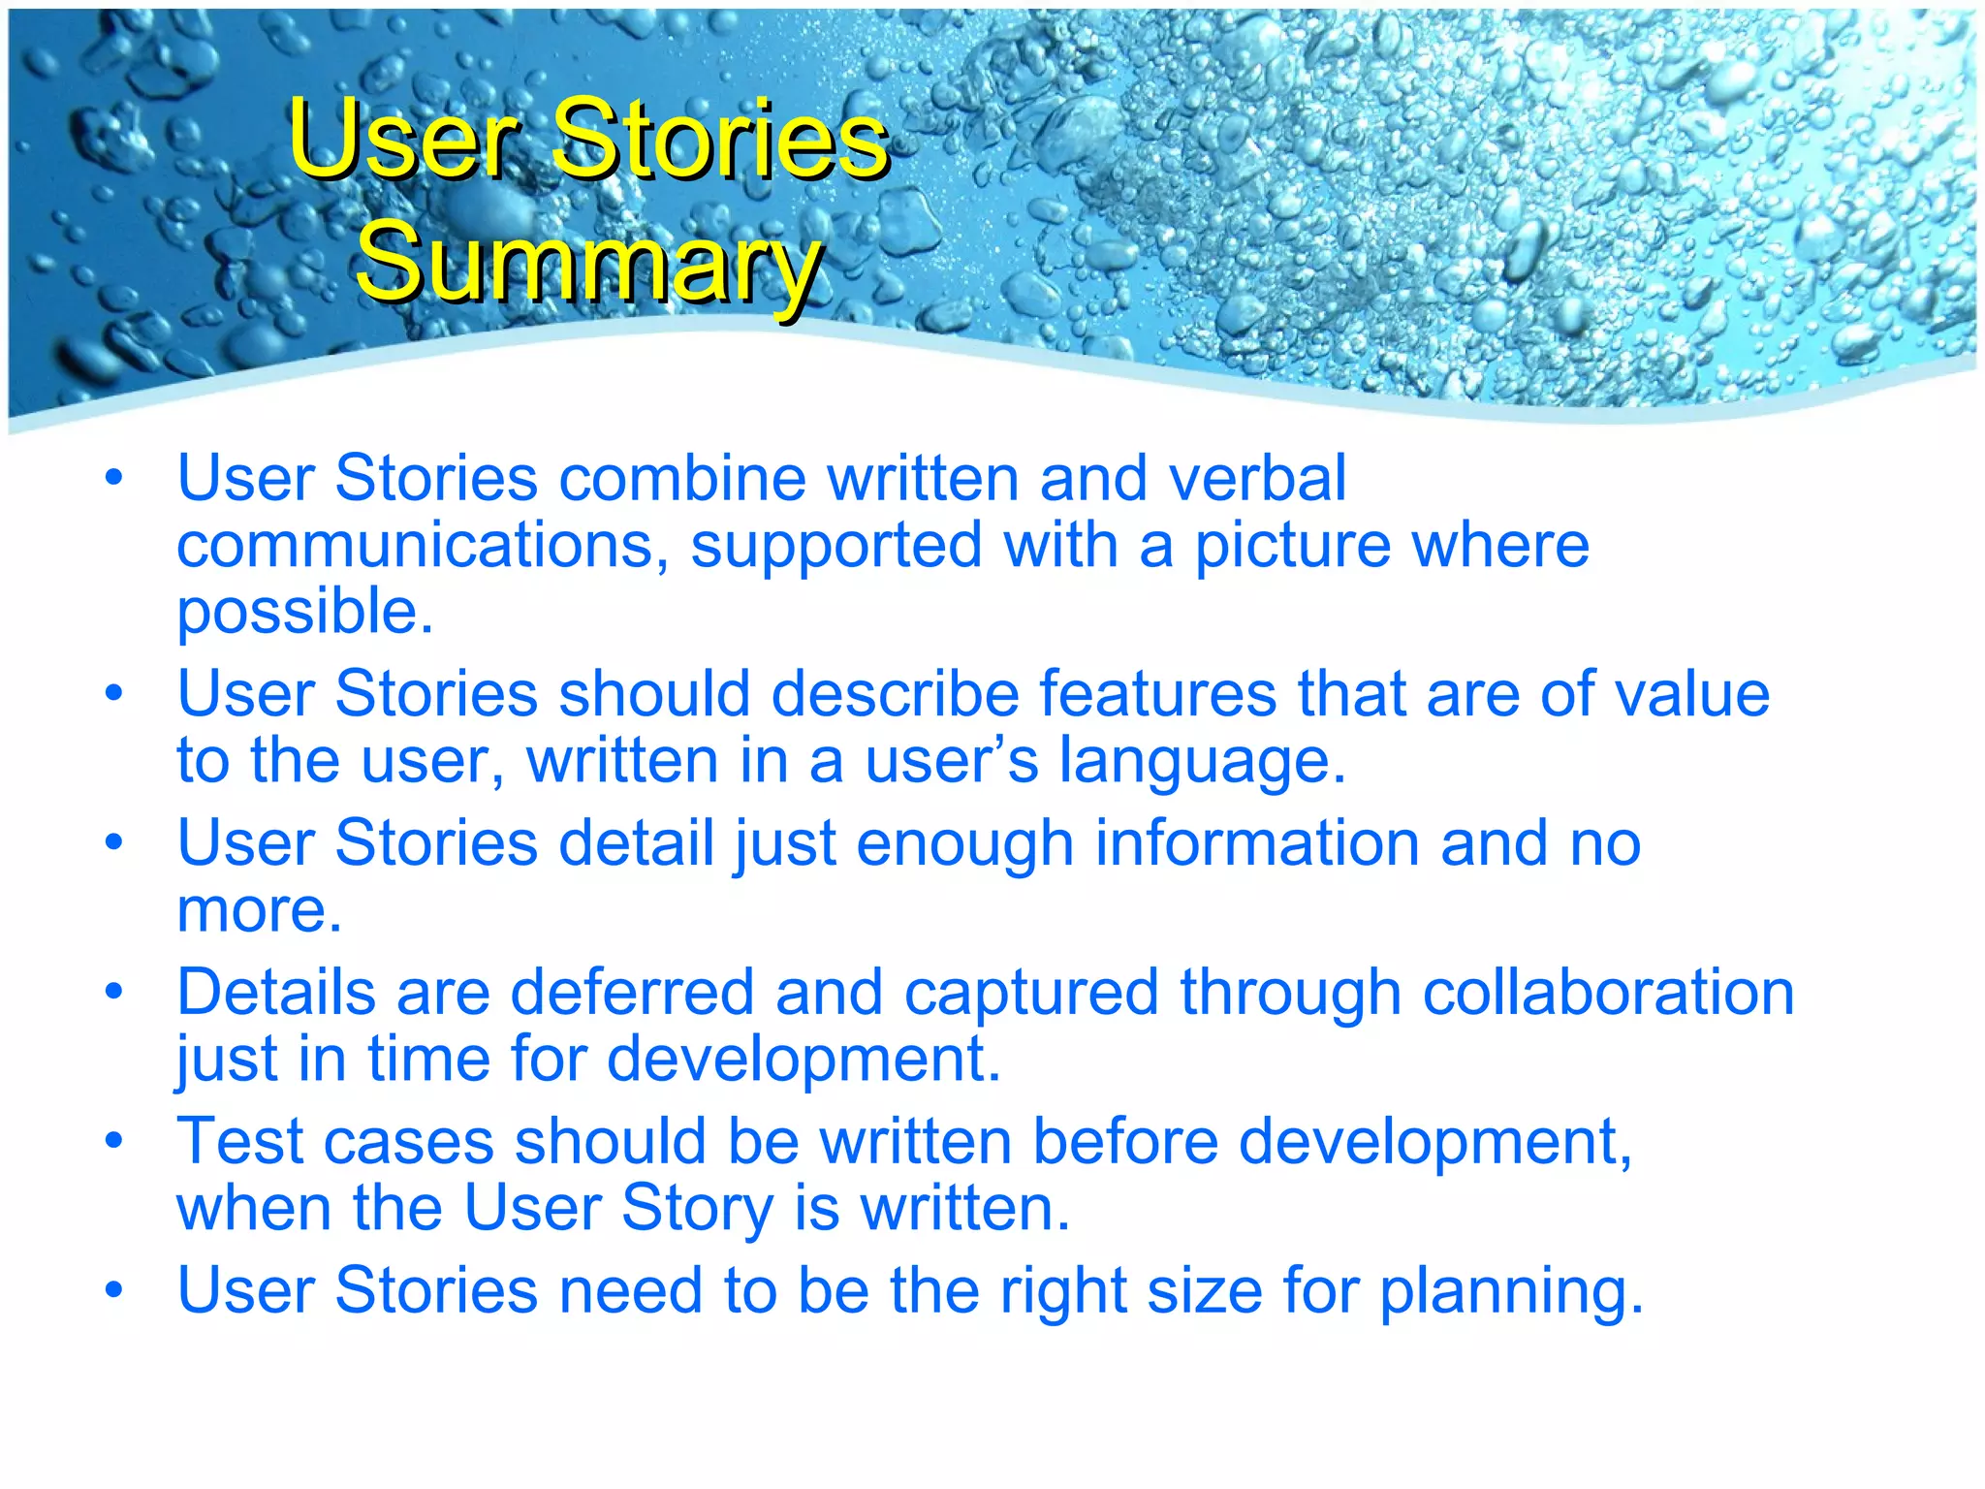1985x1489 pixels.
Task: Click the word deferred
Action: (632, 993)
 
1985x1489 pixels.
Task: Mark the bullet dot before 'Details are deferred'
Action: (114, 992)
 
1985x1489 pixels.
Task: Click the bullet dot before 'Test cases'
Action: (114, 1140)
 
